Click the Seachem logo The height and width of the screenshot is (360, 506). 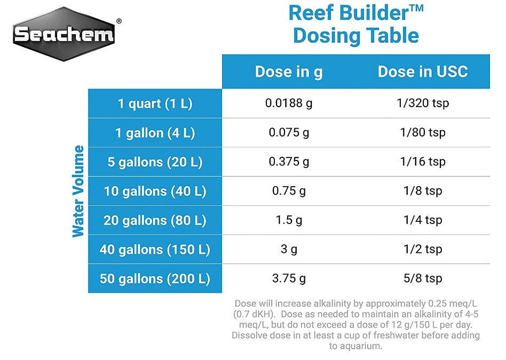[64, 34]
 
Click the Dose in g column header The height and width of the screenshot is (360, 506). [289, 72]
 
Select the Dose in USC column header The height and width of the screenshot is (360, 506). [423, 72]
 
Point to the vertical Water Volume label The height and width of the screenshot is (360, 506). [78, 191]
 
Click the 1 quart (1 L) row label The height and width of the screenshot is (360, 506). [155, 103]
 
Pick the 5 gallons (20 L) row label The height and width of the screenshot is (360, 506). [155, 162]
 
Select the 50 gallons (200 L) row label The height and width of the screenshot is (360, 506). [155, 278]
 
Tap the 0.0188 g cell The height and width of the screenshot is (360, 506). [289, 103]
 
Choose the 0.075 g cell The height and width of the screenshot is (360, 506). [289, 132]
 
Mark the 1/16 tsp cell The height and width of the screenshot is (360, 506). [423, 162]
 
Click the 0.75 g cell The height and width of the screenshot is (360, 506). [289, 191]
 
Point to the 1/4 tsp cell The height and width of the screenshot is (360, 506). [423, 220]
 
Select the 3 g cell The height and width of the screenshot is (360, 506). [289, 249]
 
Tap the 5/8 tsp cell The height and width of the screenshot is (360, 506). [423, 278]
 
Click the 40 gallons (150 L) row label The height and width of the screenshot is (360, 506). [155, 249]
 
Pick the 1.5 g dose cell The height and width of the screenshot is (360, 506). [289, 220]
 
